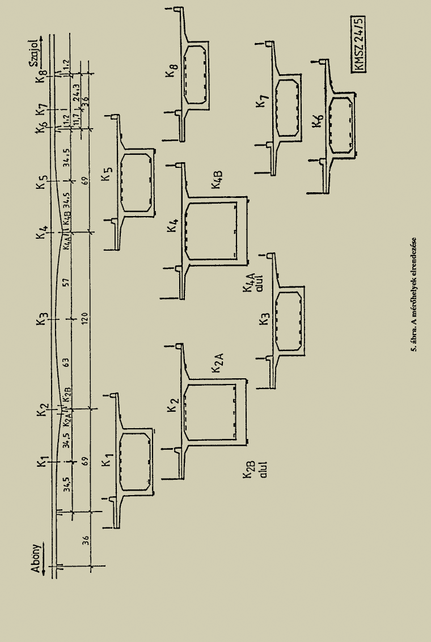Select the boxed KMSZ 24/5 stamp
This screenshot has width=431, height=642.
(358, 44)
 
